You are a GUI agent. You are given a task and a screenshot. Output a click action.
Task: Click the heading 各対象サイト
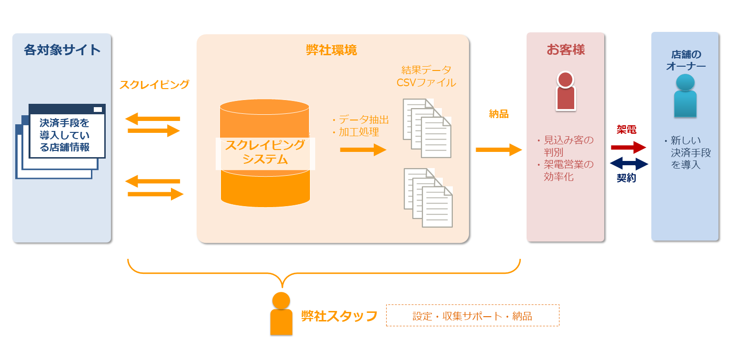62,50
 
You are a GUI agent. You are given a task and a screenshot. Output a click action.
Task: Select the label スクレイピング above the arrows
154,85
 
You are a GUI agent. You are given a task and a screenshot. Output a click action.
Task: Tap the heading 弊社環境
331,50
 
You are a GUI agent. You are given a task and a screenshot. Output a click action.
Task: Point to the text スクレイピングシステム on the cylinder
265,152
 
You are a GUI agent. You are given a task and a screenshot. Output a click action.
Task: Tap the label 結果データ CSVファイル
426,76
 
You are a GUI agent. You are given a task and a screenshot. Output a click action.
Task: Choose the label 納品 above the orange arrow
499,114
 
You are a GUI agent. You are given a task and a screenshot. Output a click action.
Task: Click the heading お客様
566,50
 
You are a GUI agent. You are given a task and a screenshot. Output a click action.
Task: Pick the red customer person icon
566,92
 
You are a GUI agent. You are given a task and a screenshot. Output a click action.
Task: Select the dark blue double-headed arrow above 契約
628,164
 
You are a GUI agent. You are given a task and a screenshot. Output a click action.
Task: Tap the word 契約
626,178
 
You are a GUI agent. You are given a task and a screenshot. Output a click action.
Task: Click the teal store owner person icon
685,95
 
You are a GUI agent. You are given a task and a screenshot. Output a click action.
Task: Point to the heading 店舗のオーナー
686,60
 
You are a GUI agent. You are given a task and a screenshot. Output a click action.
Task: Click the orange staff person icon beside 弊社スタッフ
281,314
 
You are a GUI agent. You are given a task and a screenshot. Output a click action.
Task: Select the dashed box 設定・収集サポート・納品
472,316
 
